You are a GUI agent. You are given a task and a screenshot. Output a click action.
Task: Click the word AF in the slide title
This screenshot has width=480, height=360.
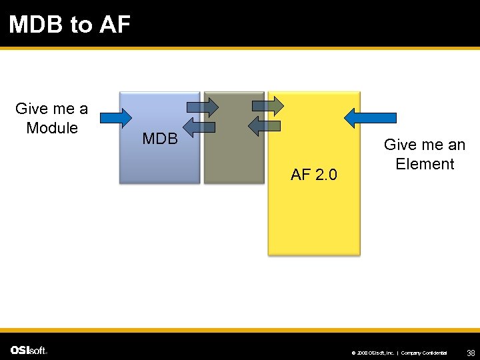[115, 25]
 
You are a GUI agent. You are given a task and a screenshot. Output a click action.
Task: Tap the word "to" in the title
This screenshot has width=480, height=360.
[81, 25]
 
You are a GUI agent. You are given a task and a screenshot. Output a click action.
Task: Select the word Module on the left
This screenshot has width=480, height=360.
[52, 127]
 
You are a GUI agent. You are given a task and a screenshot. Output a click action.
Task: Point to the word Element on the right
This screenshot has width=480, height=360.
[425, 163]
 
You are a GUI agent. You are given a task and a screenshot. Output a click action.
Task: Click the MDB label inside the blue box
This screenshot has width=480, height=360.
[160, 139]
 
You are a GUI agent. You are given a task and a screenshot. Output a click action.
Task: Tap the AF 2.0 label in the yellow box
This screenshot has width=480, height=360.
[314, 175]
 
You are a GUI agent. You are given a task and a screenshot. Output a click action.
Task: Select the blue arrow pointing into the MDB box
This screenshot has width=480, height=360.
[116, 118]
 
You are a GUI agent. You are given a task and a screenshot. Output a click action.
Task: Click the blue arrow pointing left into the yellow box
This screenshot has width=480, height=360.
[370, 118]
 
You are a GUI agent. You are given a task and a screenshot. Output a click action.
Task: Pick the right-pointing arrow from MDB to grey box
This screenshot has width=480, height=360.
[203, 106]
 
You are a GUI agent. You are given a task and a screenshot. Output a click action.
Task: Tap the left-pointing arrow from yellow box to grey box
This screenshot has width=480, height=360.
[264, 125]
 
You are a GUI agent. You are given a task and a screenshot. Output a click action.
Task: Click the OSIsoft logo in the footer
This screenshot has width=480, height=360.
[28, 350]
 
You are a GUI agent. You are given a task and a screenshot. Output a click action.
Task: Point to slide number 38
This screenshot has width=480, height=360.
[471, 352]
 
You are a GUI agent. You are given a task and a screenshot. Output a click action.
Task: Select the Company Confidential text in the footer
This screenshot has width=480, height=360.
[424, 352]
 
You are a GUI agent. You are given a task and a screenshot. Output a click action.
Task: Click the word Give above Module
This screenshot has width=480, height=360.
[30, 109]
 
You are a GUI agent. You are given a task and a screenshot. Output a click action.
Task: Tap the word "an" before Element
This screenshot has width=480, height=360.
[452, 145]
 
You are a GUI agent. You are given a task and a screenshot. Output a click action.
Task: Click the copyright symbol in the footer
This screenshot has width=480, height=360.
[353, 352]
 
